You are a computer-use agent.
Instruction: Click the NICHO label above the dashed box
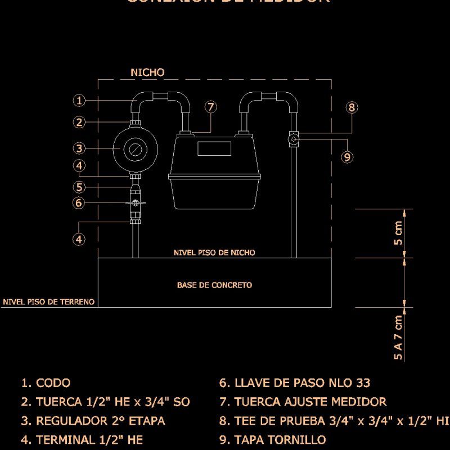[x=147, y=73]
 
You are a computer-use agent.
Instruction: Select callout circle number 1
[x=79, y=101]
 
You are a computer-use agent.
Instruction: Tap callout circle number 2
[x=79, y=122]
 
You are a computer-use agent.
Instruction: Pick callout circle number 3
[x=79, y=148]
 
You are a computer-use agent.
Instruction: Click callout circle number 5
[x=79, y=187]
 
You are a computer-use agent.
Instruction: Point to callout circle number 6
[x=79, y=203]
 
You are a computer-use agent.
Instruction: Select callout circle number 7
[x=210, y=107]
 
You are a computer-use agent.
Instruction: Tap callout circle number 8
[x=352, y=107]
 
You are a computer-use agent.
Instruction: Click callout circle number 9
[x=347, y=157]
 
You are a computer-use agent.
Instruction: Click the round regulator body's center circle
[x=134, y=149]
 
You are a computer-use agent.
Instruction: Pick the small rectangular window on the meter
[x=214, y=148]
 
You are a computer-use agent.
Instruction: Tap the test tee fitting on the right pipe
[x=294, y=138]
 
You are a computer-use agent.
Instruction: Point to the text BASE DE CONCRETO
[x=214, y=285]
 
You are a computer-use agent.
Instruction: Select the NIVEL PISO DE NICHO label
[x=214, y=253]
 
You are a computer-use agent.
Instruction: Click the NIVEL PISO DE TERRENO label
[x=48, y=302]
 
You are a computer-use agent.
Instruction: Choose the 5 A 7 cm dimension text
[x=398, y=337]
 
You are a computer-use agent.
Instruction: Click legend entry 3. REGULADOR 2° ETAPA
[x=93, y=421]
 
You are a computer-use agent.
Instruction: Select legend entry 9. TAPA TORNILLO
[x=272, y=440]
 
